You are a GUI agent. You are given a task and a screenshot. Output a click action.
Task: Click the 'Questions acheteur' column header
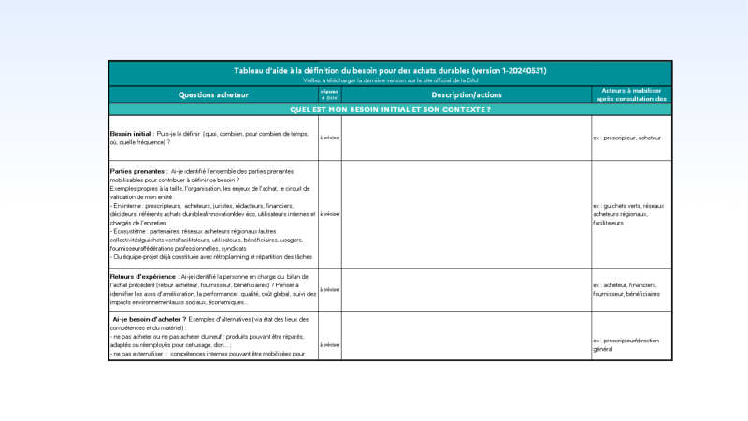coord(213,94)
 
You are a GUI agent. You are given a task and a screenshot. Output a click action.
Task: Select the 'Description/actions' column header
coord(467,94)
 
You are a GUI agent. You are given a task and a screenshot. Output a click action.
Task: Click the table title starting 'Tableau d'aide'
coord(390,71)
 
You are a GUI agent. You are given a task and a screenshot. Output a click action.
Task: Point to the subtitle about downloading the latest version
coord(390,80)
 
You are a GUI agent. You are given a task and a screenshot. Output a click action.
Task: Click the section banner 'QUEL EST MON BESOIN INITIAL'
coord(390,109)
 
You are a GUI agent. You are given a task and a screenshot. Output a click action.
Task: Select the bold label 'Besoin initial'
coord(131,134)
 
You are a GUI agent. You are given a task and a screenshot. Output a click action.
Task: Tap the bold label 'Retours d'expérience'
coord(143,277)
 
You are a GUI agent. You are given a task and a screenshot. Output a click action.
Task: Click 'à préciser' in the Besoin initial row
coord(330,138)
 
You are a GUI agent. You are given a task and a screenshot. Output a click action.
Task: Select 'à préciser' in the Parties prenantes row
coord(330,213)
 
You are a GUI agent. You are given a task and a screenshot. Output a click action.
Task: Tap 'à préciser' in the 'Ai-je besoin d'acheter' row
coord(330,341)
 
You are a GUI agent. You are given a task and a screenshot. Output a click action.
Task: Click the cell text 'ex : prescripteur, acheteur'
coord(627,138)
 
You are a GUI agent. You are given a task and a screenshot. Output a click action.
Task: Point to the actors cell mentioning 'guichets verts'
coord(628,212)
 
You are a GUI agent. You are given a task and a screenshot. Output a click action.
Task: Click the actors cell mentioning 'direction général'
coord(628,344)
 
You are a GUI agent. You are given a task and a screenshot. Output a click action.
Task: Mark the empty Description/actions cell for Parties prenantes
coord(466,213)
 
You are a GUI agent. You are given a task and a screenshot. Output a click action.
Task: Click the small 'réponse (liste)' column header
coord(330,94)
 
